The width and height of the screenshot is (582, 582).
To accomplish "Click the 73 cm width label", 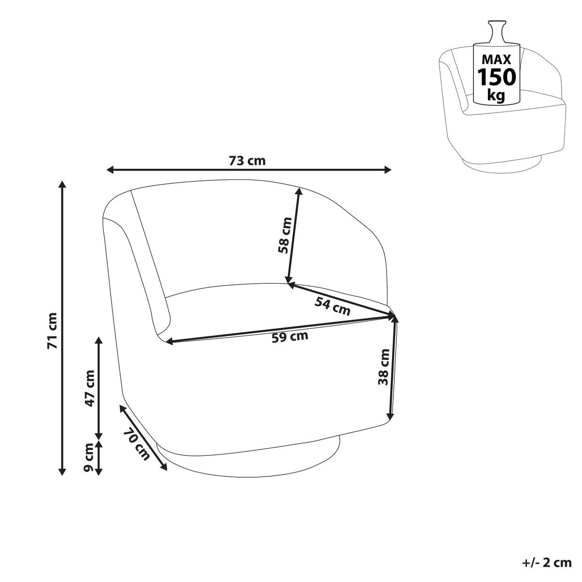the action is (247, 161).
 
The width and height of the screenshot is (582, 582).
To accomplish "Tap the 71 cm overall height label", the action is (52, 331).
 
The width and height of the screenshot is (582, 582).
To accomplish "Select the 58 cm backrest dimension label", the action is (285, 236).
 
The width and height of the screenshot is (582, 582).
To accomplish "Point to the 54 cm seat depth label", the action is (332, 306).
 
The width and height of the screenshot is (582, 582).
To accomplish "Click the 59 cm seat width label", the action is (290, 337).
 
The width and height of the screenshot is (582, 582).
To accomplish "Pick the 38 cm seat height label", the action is (384, 367).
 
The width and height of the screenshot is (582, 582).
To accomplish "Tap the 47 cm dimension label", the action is (90, 388).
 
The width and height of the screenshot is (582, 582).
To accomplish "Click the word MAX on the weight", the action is (496, 60).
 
